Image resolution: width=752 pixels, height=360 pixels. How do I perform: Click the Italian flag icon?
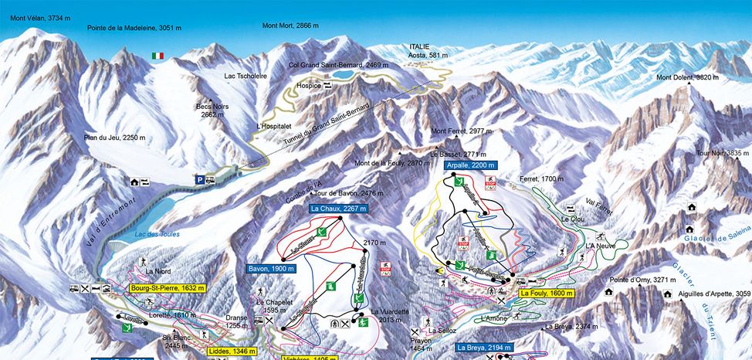pyautogui.click(x=158, y=56)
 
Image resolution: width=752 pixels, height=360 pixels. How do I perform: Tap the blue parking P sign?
pyautogui.click(x=199, y=179)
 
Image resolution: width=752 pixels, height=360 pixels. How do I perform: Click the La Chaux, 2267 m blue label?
pyautogui.click(x=337, y=209)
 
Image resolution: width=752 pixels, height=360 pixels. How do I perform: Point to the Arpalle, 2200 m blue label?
pyautogui.click(x=471, y=165)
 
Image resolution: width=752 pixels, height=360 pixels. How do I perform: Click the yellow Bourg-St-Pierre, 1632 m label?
pyautogui.click(x=168, y=288)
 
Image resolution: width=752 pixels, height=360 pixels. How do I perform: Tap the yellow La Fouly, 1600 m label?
pyautogui.click(x=547, y=294)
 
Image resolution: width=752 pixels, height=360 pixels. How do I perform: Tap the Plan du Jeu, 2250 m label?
pyautogui.click(x=114, y=138)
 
